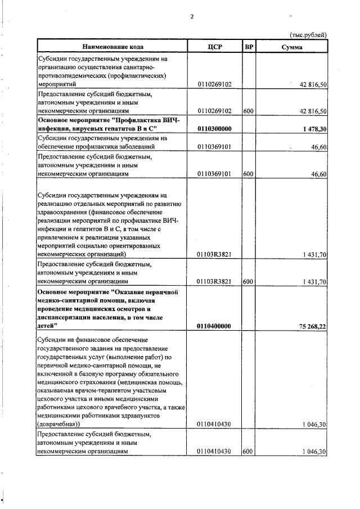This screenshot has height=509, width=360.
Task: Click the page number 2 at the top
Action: tap(192, 16)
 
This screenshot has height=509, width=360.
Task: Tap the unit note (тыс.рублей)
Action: tap(308, 35)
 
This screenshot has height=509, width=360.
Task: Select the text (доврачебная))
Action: tap(59, 424)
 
